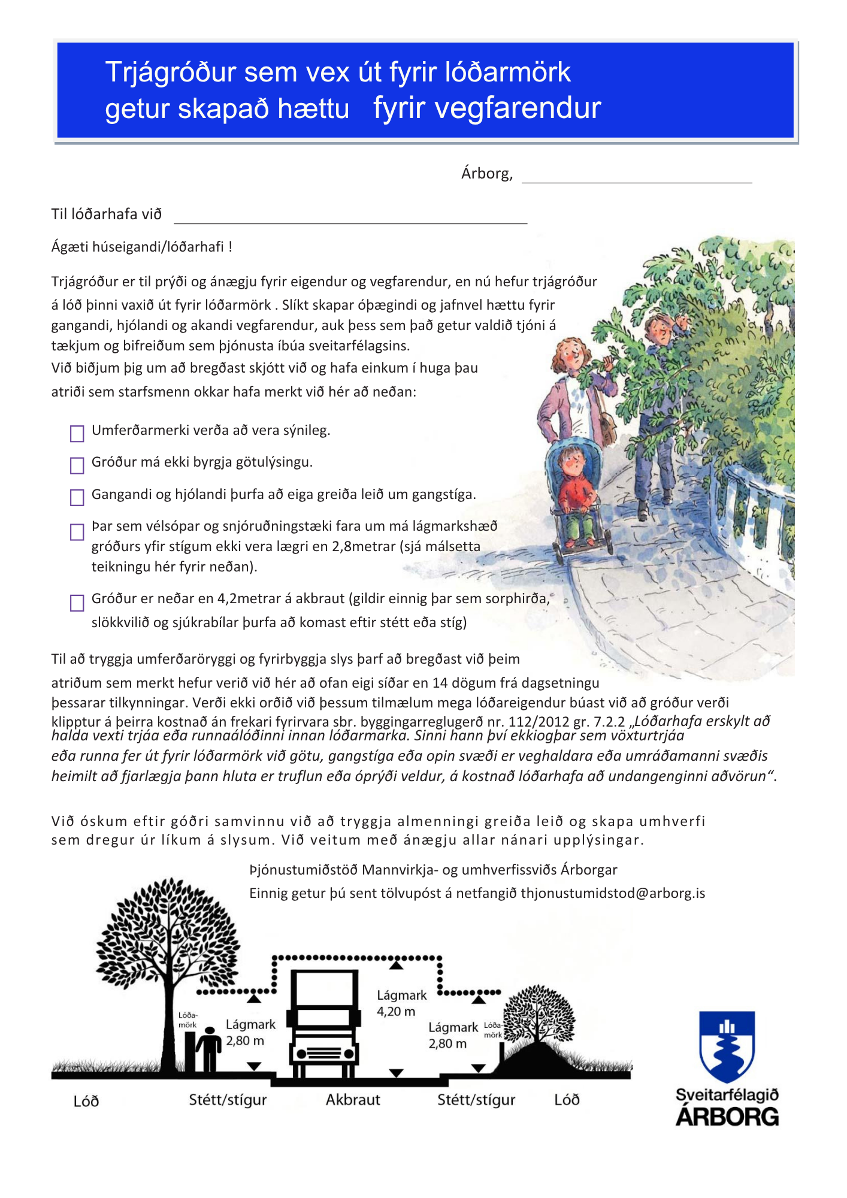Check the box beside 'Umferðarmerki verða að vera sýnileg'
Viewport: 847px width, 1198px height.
pos(77,434)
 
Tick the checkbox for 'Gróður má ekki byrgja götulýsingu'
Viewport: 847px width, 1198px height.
pos(77,465)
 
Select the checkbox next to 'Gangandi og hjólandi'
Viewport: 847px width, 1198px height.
pos(77,498)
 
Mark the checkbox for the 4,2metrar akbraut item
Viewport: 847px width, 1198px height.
pos(77,603)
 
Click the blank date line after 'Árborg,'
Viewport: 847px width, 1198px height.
pos(636,177)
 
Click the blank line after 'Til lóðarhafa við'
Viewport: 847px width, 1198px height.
pos(350,218)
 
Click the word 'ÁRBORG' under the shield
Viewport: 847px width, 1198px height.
pos(727,1117)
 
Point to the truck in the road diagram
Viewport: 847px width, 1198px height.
pos(324,1025)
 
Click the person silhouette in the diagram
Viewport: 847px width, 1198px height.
pos(208,1049)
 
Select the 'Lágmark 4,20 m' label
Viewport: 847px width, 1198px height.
pos(401,1003)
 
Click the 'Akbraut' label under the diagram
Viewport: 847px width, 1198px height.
pos(353,1100)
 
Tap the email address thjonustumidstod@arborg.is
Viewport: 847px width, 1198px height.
pos(613,893)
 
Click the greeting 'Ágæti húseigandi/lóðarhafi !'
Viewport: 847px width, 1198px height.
pos(142,247)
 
